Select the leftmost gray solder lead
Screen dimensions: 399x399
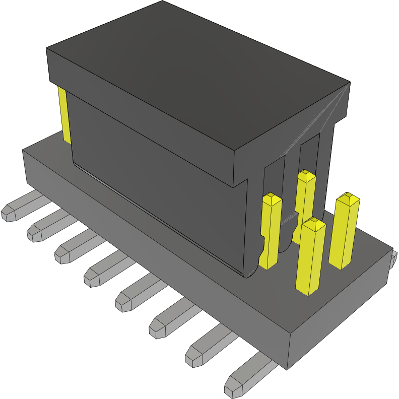point(20,207)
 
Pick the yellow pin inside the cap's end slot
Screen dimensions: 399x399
point(305,196)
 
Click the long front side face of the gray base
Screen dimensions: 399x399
point(151,252)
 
